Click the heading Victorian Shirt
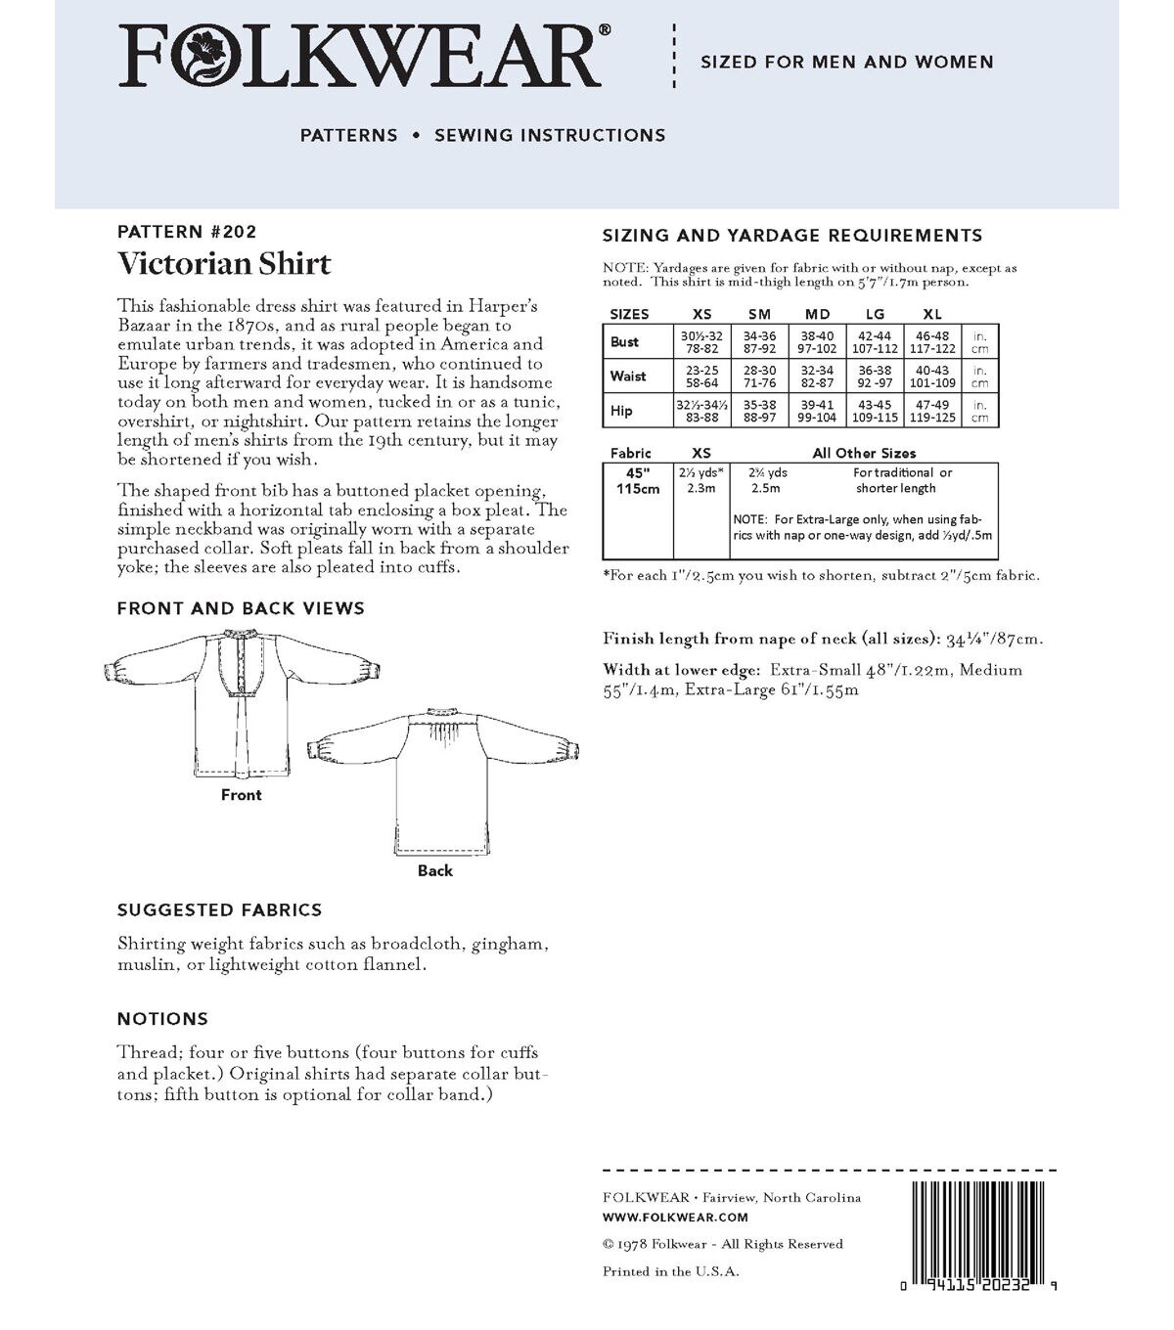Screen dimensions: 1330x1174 pyautogui.click(x=224, y=263)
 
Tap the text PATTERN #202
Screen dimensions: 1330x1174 pyautogui.click(x=186, y=232)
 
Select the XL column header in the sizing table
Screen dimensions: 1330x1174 pyautogui.click(x=931, y=314)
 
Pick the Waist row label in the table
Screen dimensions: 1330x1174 pyautogui.click(x=628, y=376)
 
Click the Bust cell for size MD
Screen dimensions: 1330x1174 pyautogui.click(x=817, y=342)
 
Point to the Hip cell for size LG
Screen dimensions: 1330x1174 pyautogui.click(x=874, y=411)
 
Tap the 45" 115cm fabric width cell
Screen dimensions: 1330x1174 pyautogui.click(x=638, y=480)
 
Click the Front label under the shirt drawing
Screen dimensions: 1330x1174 pyautogui.click(x=241, y=795)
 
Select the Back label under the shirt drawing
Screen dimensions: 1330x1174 pyautogui.click(x=435, y=870)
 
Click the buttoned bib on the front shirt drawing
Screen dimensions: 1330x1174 pyautogui.click(x=243, y=665)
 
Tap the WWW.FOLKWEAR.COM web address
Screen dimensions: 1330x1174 pyautogui.click(x=675, y=1218)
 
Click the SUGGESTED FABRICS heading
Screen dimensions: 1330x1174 pyautogui.click(x=219, y=910)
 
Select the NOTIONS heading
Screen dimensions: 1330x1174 pyautogui.click(x=162, y=1019)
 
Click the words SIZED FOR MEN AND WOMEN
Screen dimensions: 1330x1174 pyautogui.click(x=846, y=63)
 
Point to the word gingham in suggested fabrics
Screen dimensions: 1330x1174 pyautogui.click(x=507, y=945)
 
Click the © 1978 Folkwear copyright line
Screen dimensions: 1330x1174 pyautogui.click(x=722, y=1244)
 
